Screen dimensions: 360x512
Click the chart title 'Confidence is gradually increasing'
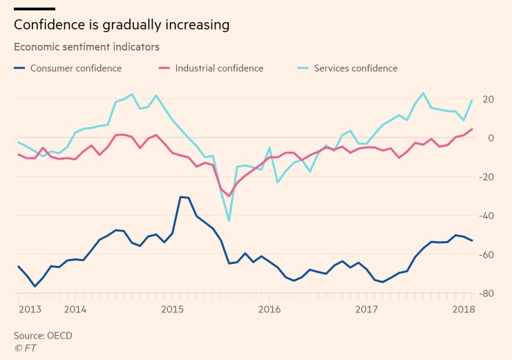(121, 26)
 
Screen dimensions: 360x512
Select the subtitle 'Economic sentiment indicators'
(86, 47)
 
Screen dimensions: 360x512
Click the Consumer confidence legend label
(76, 68)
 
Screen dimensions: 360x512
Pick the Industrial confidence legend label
(219, 68)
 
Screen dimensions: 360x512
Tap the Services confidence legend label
(355, 68)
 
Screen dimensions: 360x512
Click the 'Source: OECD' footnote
(43, 336)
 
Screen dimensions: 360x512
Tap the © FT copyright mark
(25, 348)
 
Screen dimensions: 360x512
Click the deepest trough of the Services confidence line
(229, 221)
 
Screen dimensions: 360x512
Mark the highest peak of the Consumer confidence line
(181, 197)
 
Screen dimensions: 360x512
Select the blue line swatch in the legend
(19, 68)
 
